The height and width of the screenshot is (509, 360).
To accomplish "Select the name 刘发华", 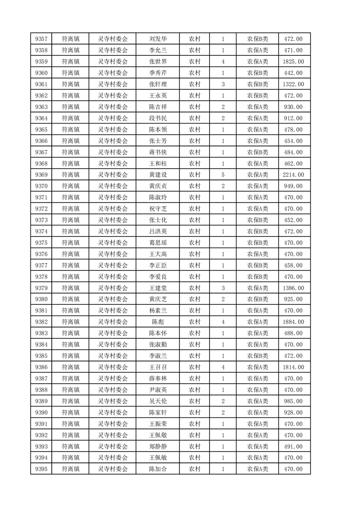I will [158, 39].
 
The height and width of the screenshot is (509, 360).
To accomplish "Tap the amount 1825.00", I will [293, 62].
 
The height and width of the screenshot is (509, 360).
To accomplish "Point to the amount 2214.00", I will [293, 175].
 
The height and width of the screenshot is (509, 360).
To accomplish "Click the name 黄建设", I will [158, 175].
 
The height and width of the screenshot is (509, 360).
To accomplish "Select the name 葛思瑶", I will [158, 243].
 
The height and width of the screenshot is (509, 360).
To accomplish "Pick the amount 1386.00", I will [293, 288].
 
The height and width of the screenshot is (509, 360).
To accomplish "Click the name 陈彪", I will [158, 322].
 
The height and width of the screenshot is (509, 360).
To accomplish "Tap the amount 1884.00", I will [293, 322].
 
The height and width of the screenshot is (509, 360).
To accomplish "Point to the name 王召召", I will [158, 367].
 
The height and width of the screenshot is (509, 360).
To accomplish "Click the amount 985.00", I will [293, 401].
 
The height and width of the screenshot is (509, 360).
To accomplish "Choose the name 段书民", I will [158, 118].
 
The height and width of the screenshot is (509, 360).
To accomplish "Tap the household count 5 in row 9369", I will [223, 175].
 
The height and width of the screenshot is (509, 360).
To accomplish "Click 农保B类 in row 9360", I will [257, 73].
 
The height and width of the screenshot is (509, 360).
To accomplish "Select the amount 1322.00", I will [293, 84].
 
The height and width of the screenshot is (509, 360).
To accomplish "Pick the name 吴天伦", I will [158, 401].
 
